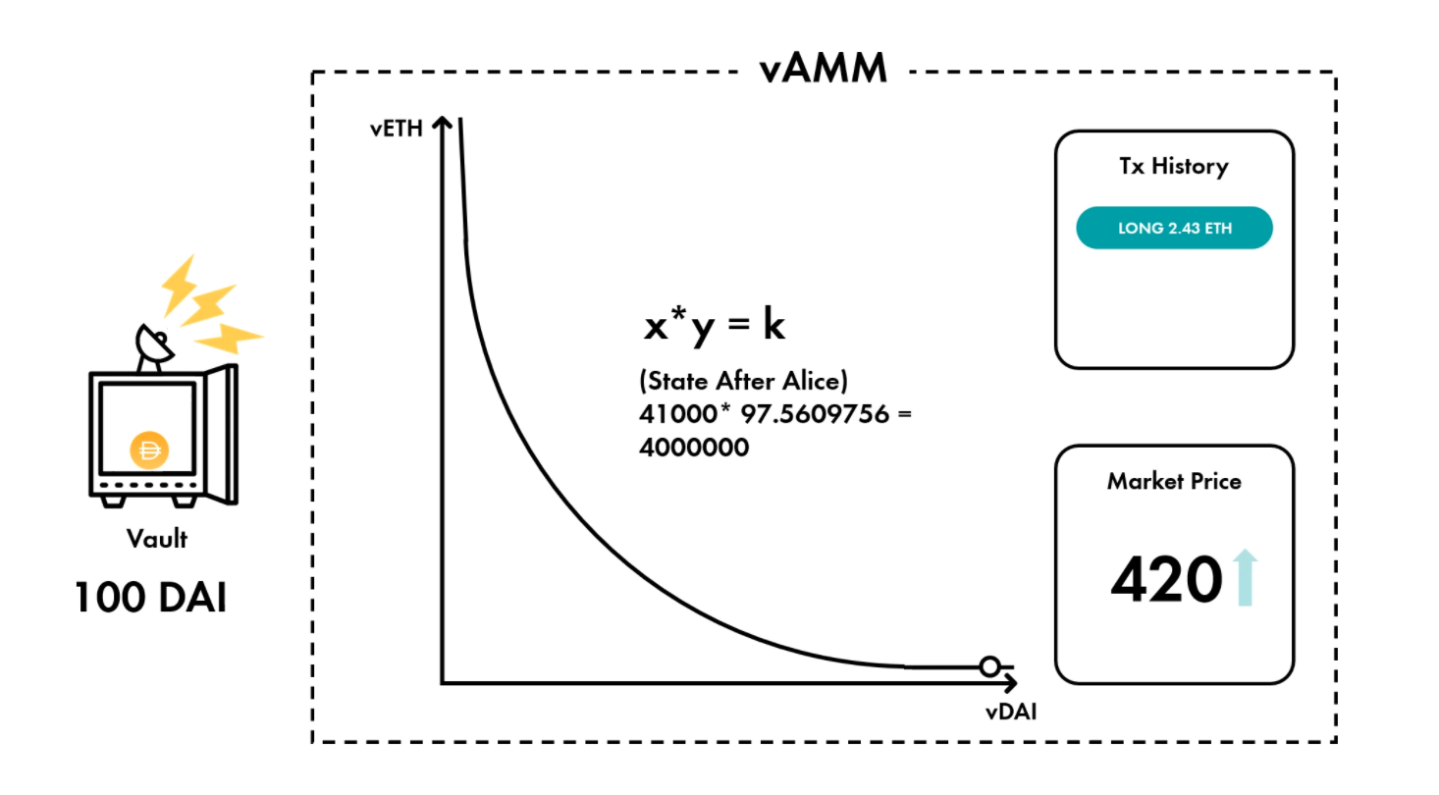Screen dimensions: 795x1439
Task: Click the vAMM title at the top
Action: point(823,69)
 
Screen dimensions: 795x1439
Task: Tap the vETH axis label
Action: point(397,129)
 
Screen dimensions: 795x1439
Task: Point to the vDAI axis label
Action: point(1010,713)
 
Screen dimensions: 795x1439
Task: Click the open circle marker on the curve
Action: point(989,667)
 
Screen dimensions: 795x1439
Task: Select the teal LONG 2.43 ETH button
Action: point(1174,229)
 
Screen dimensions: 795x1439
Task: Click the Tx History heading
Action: point(1173,166)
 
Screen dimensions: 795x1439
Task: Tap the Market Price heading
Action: point(1174,481)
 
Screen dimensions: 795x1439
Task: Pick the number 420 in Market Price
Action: point(1166,580)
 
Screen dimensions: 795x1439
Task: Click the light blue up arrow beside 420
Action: point(1245,578)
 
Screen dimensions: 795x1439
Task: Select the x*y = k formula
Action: point(714,326)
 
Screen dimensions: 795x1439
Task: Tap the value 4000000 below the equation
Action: point(693,448)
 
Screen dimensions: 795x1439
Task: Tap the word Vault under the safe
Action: point(156,538)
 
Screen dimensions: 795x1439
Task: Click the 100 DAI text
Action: point(150,597)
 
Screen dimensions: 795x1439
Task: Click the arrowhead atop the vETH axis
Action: point(442,123)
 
